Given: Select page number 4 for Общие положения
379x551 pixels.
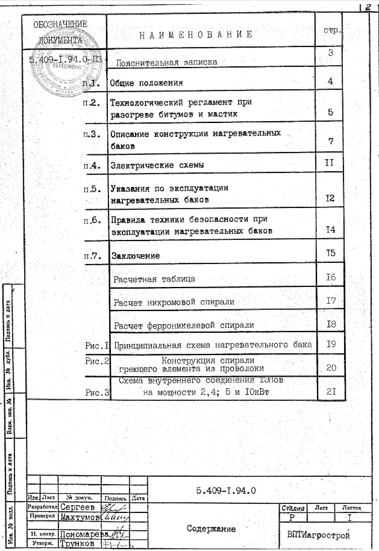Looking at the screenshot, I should (330, 81).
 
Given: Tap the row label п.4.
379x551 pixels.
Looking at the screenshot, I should (92, 165).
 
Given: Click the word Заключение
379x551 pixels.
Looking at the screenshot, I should (136, 256).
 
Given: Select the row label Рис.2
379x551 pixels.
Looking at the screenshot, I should (96, 361).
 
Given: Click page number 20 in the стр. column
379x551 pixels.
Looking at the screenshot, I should (331, 367).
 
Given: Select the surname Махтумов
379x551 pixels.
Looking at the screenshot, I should (79, 517).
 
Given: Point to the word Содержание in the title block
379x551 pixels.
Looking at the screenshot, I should (211, 529).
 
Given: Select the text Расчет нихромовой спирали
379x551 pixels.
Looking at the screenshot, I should (174, 301).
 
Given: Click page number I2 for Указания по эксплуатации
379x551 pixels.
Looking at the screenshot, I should (330, 198).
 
